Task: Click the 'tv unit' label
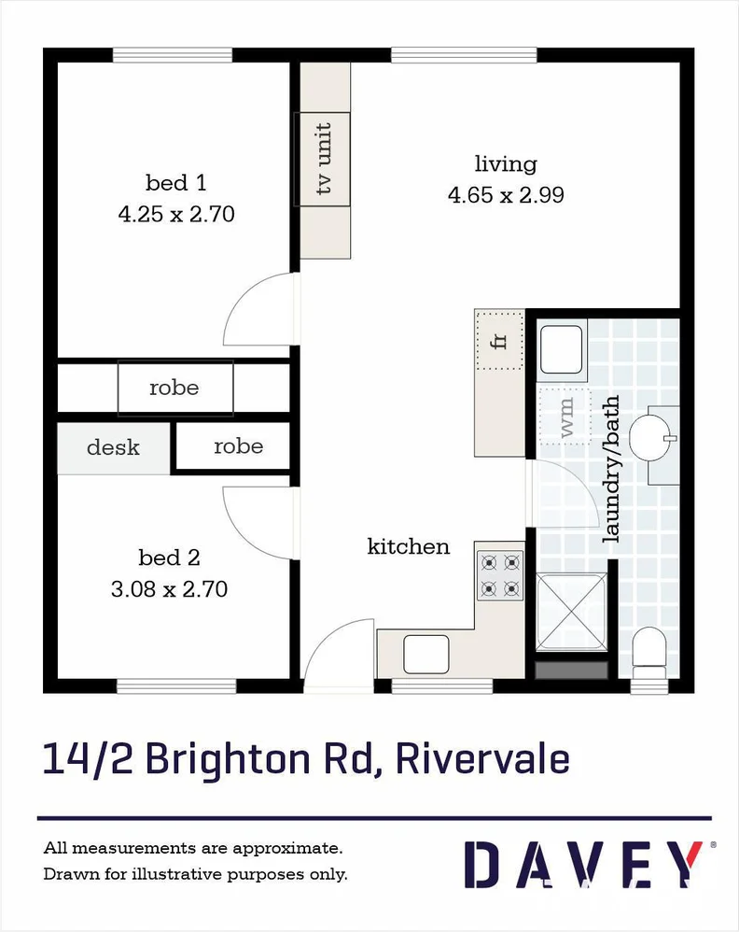[x=324, y=159]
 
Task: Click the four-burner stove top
[x=499, y=575]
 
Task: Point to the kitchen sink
[x=426, y=653]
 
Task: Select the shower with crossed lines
[x=572, y=612]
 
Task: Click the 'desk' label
[x=113, y=447]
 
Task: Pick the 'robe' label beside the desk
[x=238, y=446]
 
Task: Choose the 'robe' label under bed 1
[x=174, y=388]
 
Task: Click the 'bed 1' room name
[x=175, y=182]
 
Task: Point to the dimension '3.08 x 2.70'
[x=169, y=589]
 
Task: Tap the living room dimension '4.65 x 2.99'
[x=506, y=195]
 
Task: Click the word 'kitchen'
[x=409, y=546]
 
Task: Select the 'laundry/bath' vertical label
[x=612, y=469]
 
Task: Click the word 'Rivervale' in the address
[x=482, y=758]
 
